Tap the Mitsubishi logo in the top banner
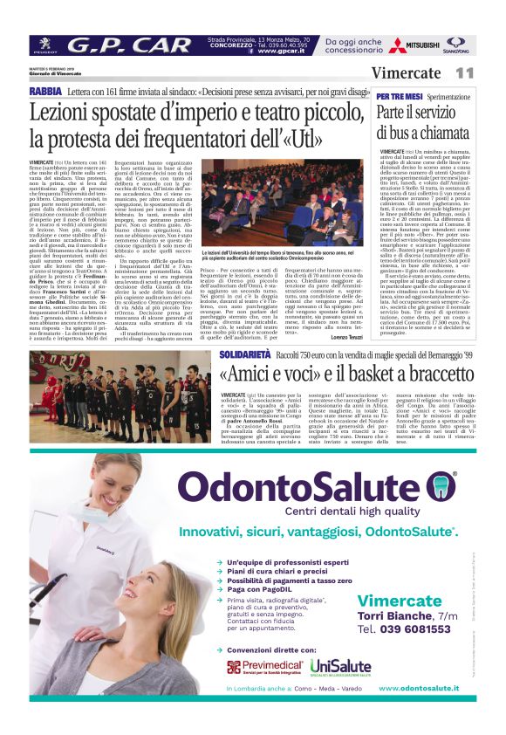pos(414,45)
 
